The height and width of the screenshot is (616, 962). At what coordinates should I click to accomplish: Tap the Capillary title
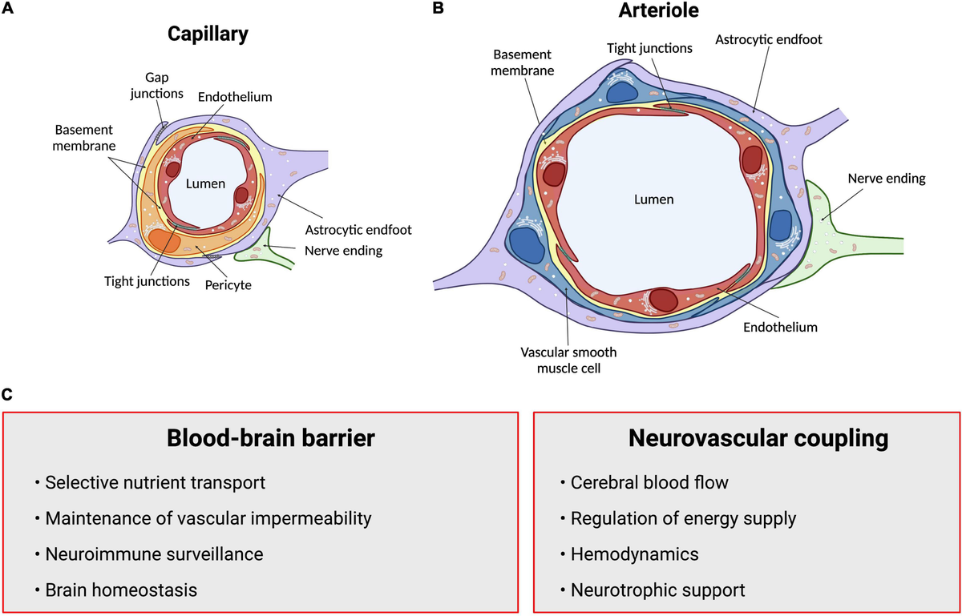208,34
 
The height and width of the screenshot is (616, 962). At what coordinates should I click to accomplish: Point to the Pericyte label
229,284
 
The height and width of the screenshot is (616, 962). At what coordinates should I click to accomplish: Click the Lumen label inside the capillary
201,183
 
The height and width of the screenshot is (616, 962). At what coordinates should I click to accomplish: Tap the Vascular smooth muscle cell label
568,360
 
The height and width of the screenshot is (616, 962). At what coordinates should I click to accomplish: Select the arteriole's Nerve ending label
887,179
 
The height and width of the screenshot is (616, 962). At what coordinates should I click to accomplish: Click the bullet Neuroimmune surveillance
154,554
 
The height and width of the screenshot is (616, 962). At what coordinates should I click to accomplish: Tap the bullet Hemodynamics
634,554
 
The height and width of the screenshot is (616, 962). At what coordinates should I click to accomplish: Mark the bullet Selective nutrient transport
154,483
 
